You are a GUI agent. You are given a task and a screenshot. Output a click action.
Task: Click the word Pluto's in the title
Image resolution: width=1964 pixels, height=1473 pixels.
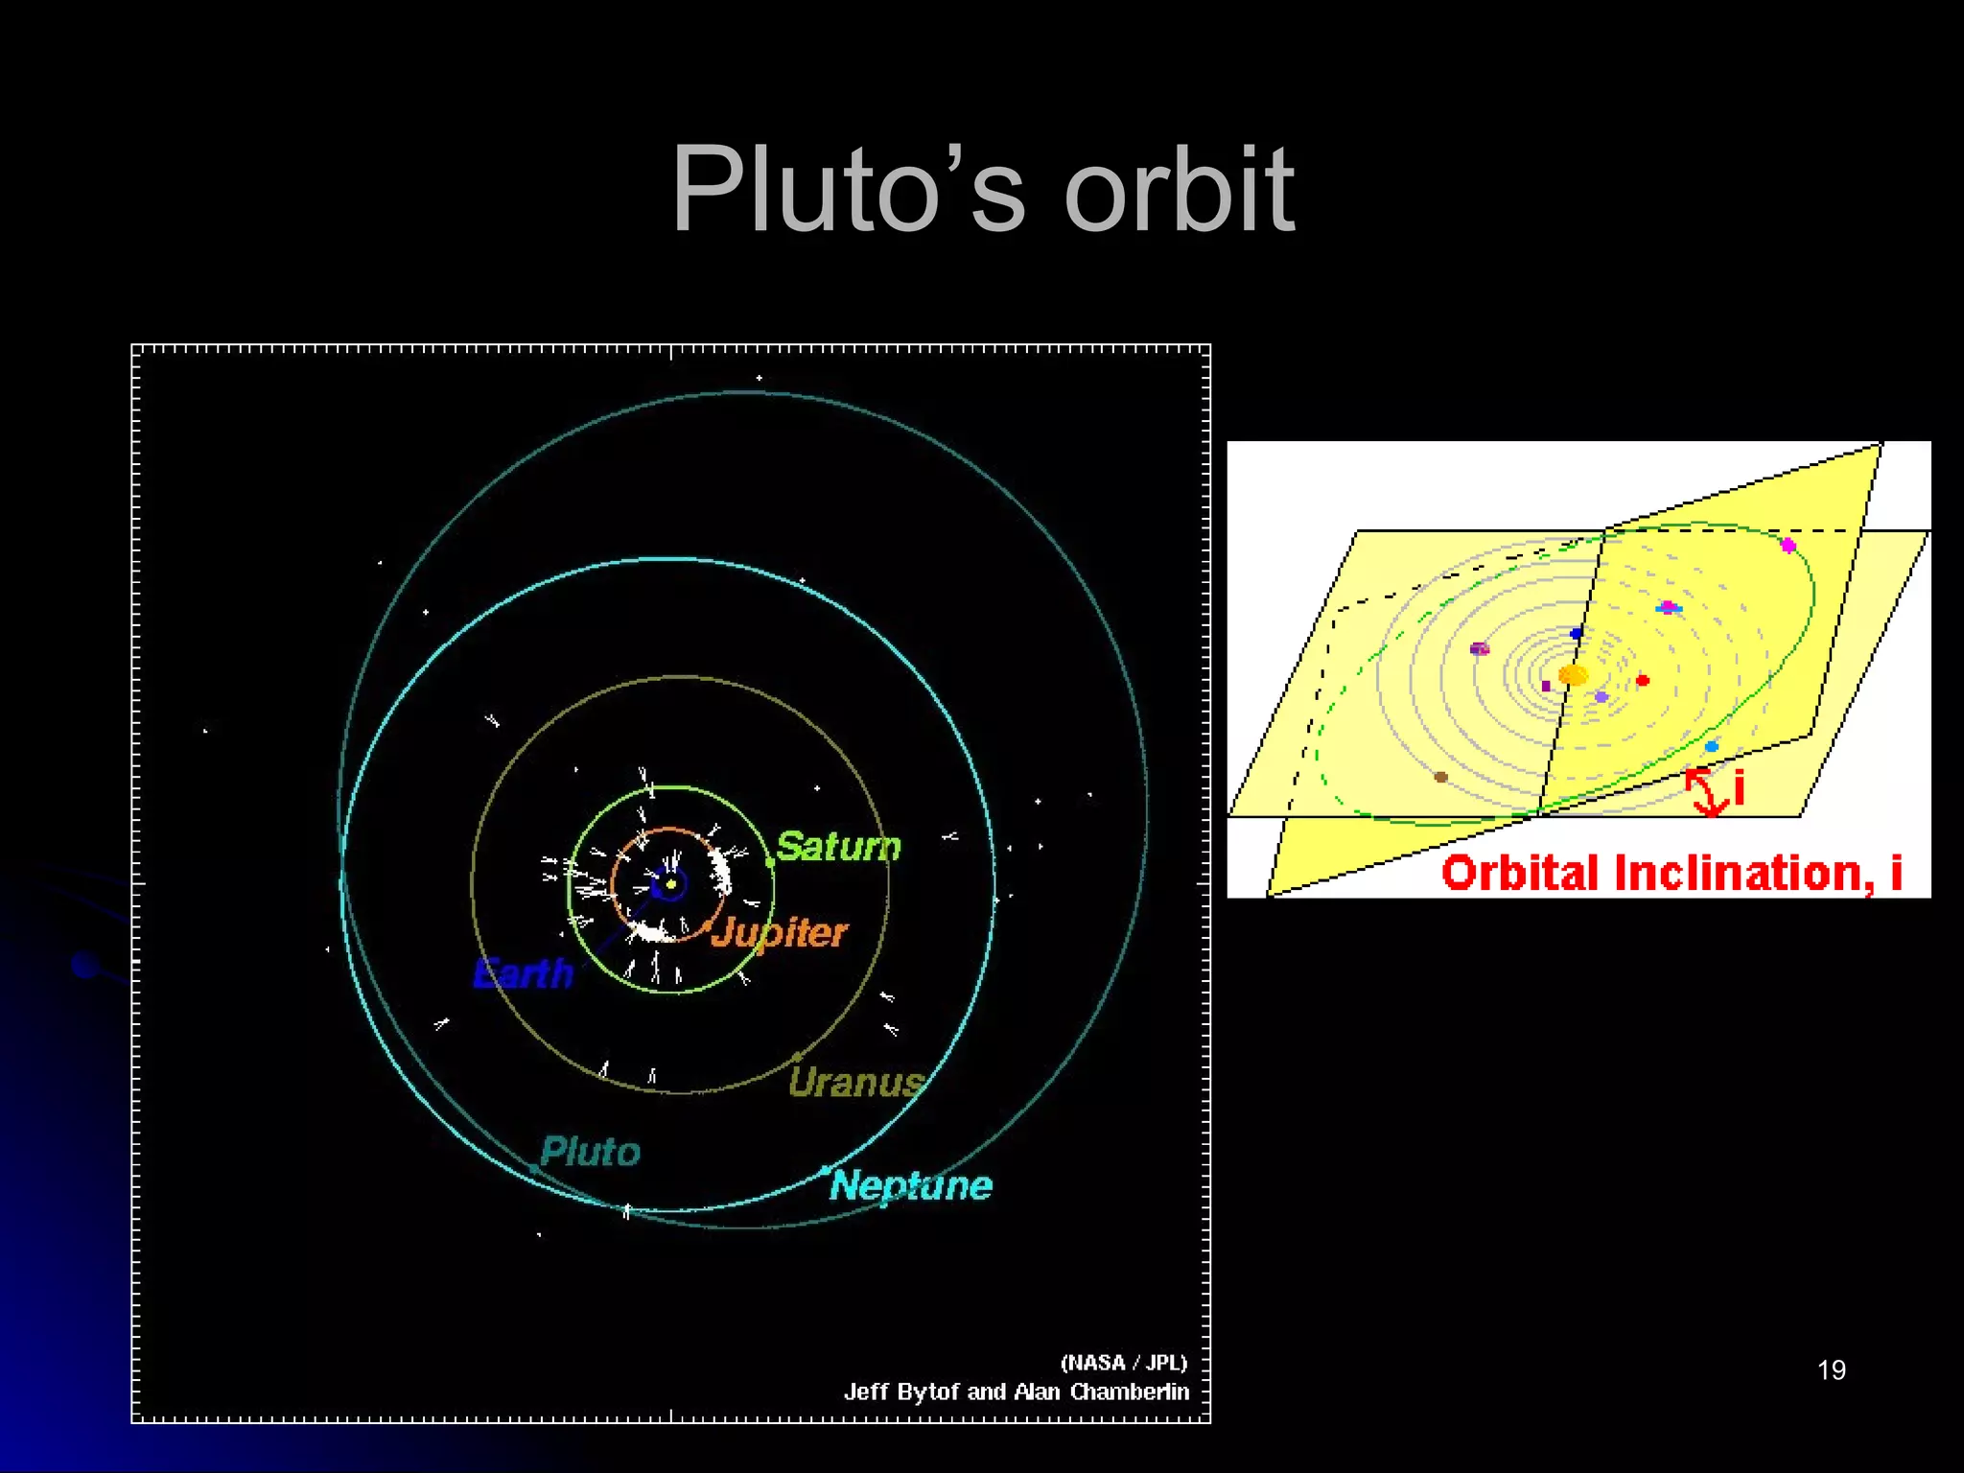[848, 189]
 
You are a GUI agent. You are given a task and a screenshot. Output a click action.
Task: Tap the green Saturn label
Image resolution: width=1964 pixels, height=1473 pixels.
[838, 847]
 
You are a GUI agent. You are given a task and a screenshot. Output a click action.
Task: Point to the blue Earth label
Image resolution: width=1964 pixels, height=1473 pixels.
[523, 973]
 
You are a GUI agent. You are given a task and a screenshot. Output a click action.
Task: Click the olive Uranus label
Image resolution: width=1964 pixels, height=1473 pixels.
[855, 1083]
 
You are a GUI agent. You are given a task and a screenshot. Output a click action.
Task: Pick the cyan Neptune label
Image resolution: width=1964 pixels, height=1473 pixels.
[910, 1186]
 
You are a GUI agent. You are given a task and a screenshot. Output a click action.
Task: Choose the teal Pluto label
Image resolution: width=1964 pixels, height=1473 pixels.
[590, 1152]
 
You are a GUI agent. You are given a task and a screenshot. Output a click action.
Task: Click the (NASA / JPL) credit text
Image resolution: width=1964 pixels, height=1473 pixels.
[1123, 1363]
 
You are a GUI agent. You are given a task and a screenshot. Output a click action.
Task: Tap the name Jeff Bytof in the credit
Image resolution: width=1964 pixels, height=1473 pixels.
[902, 1391]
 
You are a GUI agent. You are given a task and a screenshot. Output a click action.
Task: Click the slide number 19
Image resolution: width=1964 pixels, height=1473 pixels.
[1831, 1370]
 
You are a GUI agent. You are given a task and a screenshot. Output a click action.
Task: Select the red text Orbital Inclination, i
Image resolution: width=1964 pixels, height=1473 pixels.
[1672, 873]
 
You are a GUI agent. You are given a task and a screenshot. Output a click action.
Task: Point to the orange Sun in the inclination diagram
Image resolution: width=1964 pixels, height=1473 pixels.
[1573, 675]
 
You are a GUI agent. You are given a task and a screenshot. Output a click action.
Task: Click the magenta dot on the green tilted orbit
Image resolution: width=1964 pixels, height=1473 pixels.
[1788, 546]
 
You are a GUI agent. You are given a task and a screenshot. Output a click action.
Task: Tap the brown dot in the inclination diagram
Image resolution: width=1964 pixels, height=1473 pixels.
[1440, 777]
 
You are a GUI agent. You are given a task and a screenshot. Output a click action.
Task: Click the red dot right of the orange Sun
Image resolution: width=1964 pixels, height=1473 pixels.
[1643, 680]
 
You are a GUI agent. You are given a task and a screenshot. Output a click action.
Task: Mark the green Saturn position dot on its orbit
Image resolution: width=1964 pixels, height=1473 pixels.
[770, 863]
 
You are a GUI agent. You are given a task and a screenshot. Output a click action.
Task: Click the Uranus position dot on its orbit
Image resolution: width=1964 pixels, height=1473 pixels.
[797, 1057]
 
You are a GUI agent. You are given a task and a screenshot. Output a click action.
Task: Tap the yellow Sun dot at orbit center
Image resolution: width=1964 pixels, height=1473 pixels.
[671, 883]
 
